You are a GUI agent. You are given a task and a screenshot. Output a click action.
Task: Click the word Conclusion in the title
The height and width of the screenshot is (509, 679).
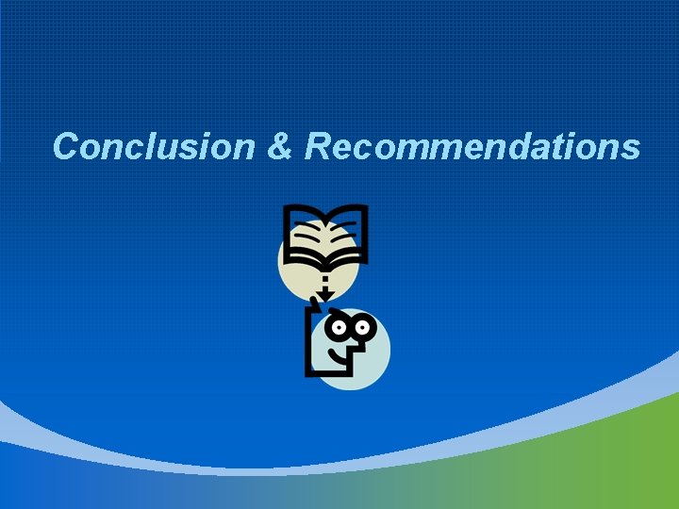(x=153, y=147)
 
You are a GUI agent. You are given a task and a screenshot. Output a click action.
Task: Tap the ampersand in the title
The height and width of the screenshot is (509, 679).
(x=280, y=147)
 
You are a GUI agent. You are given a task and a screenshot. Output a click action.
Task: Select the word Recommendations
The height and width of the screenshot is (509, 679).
(x=472, y=147)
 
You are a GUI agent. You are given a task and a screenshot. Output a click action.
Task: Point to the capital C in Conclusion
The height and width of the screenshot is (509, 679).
(x=67, y=147)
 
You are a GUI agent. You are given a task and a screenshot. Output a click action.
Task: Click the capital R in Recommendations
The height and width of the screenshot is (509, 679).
(x=318, y=147)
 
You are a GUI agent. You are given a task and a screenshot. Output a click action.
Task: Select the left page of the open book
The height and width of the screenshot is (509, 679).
(x=307, y=232)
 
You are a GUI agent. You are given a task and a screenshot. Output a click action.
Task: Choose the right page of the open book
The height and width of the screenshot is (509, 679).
(x=347, y=232)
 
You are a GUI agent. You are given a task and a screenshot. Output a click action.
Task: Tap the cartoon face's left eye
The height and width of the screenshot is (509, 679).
(x=339, y=329)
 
